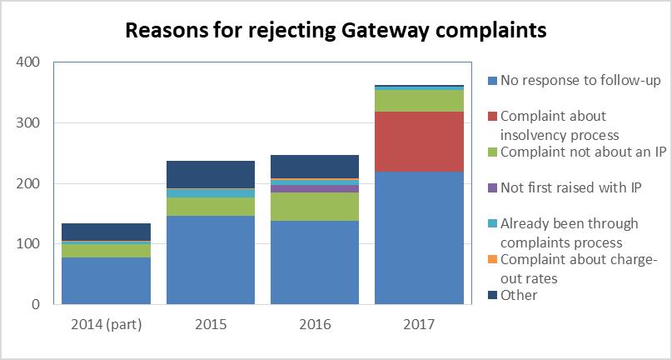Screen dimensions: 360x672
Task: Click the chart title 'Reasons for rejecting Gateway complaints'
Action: pyautogui.click(x=336, y=30)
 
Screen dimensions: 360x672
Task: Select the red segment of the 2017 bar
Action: pyautogui.click(x=419, y=142)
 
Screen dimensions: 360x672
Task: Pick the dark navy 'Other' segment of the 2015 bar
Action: pyautogui.click(x=211, y=175)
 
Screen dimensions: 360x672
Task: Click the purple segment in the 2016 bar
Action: pyautogui.click(x=315, y=188)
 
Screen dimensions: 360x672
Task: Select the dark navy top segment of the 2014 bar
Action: pyautogui.click(x=106, y=232)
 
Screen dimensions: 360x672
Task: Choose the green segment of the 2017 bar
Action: pyautogui.click(x=419, y=100)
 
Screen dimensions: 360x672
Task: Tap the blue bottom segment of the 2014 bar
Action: pyautogui.click(x=106, y=281)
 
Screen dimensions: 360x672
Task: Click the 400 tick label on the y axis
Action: pyautogui.click(x=28, y=62)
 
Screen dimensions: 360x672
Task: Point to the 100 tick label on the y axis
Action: pyautogui.click(x=28, y=244)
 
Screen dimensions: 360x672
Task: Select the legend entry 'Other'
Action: pyautogui.click(x=519, y=295)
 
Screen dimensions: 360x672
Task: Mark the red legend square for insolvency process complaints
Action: pyautogui.click(x=492, y=116)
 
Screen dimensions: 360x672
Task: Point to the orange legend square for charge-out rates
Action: pyautogui.click(x=492, y=260)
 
